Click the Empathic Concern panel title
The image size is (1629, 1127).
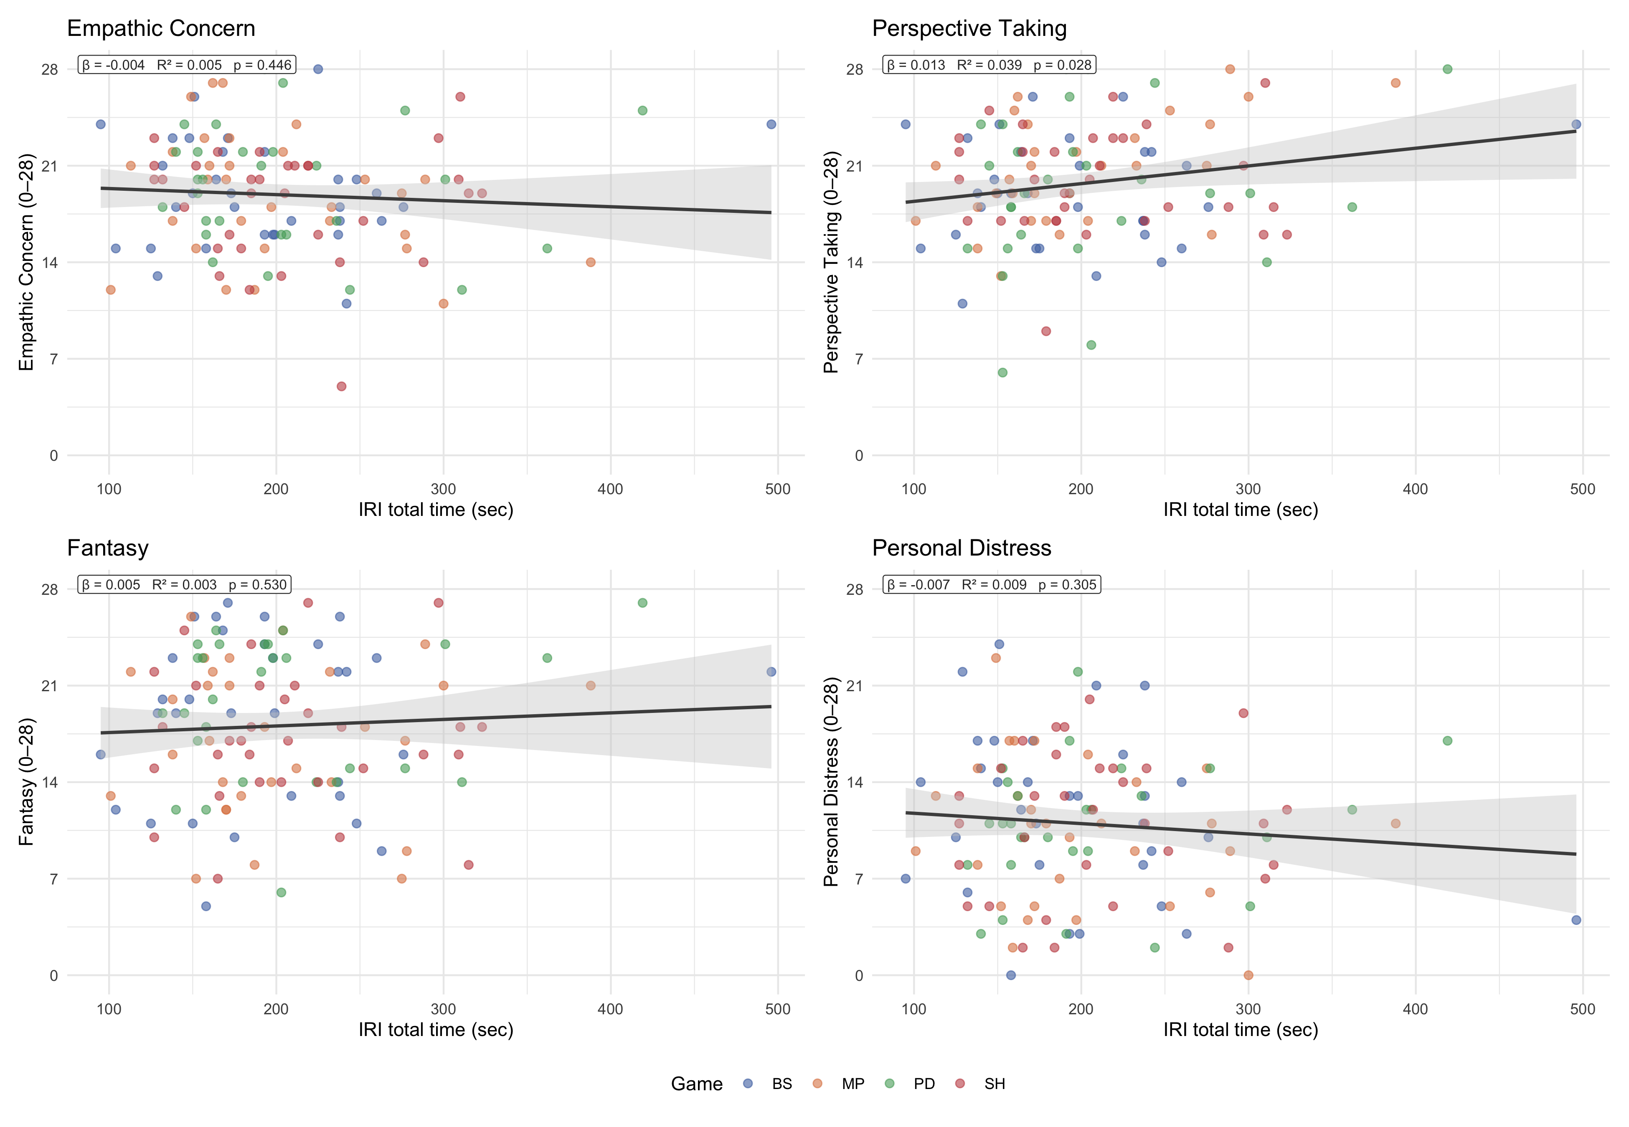[161, 28]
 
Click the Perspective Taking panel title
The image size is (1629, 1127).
[969, 28]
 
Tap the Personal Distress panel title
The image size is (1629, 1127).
[962, 548]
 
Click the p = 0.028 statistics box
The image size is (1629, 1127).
[989, 65]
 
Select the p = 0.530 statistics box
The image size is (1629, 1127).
[184, 585]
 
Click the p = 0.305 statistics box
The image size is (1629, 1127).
[992, 585]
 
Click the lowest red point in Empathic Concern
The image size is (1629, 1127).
[341, 386]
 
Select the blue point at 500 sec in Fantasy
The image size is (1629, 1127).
[771, 672]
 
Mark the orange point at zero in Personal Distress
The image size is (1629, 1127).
[1248, 975]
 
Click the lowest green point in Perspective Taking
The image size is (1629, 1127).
[1002, 372]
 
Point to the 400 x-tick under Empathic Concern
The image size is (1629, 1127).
[610, 489]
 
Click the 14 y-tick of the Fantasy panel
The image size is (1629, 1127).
[49, 782]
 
